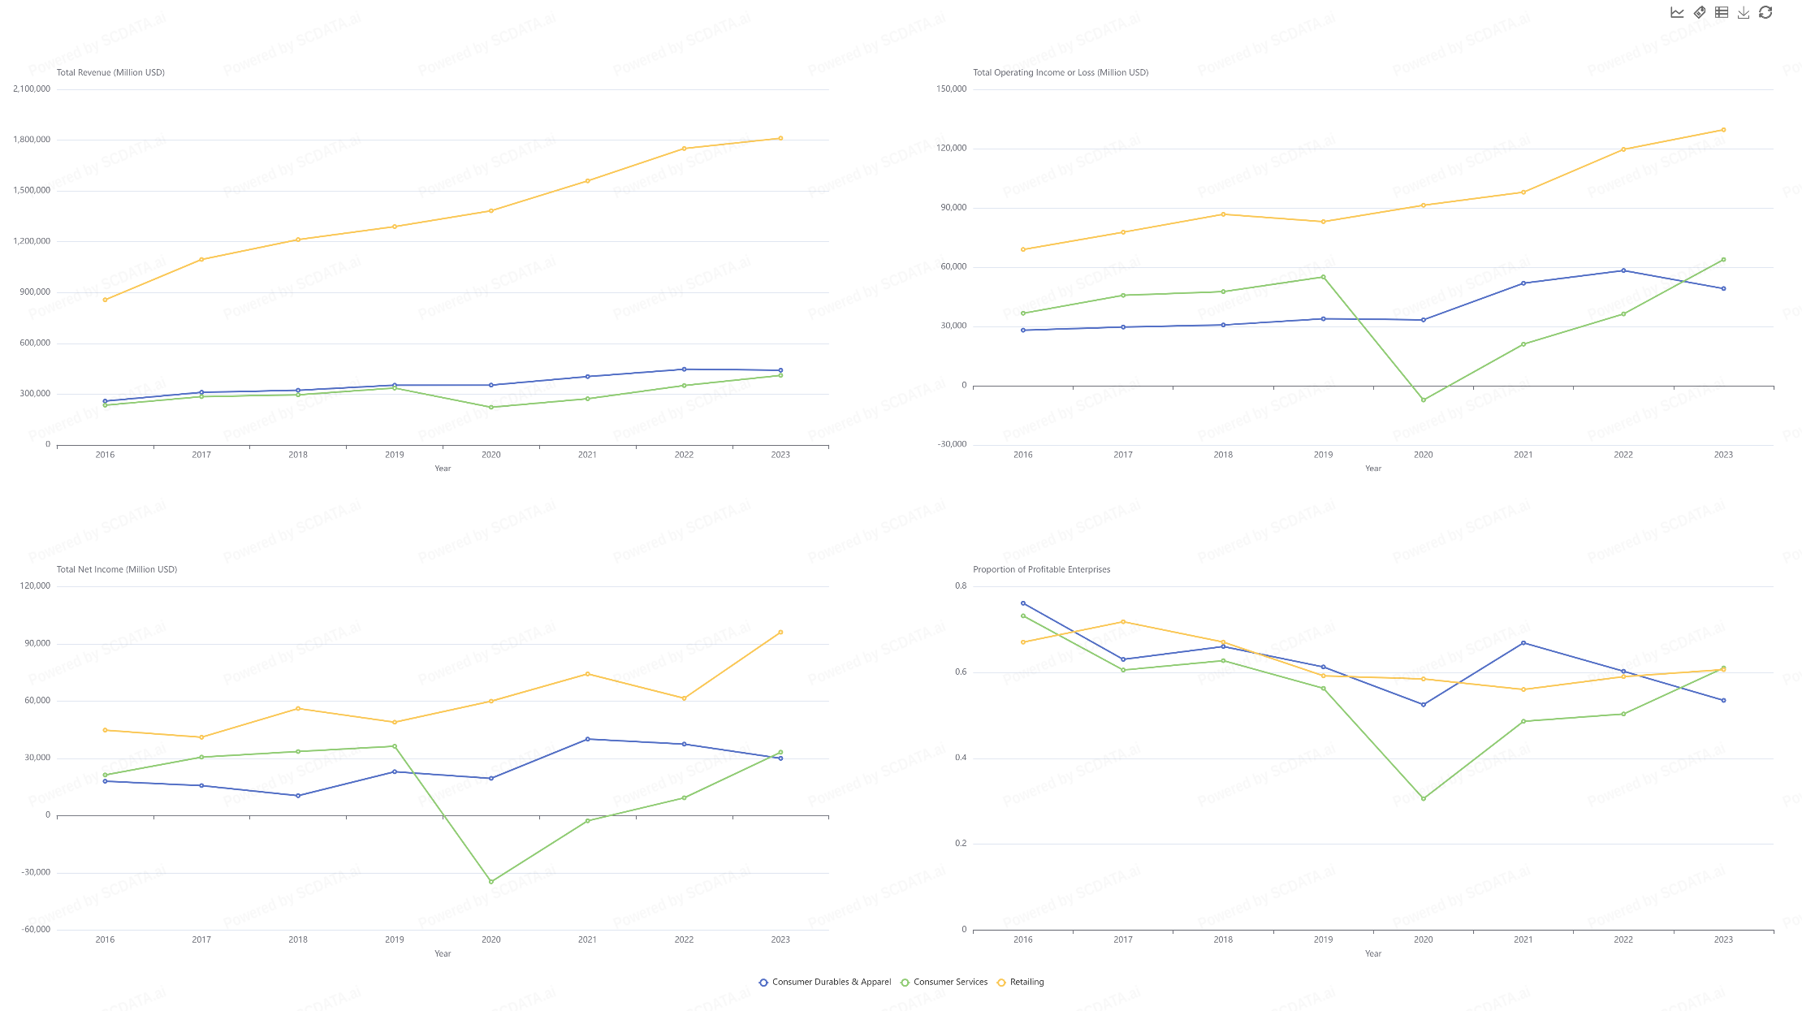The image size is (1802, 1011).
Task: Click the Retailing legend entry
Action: point(1026,982)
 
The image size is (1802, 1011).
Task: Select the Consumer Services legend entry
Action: point(949,982)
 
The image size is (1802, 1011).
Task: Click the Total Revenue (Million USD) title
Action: point(110,72)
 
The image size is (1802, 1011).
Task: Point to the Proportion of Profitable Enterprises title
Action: point(1041,569)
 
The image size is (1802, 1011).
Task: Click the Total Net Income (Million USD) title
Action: point(117,569)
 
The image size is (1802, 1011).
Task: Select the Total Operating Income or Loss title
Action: point(1061,72)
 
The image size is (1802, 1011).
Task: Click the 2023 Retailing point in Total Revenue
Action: point(780,138)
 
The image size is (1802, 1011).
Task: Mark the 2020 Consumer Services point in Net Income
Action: point(490,881)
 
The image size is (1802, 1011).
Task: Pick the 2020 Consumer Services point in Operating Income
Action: point(1423,400)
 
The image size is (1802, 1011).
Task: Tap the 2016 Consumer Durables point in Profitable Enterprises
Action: point(1022,603)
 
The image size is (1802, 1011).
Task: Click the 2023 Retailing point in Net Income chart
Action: point(780,632)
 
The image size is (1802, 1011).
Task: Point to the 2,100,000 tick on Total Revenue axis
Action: point(32,89)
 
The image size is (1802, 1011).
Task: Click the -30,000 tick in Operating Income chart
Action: point(952,444)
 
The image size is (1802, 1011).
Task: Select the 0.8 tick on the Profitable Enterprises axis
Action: point(961,585)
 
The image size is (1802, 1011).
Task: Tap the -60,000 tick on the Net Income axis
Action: point(36,929)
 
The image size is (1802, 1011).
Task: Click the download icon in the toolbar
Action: point(1743,12)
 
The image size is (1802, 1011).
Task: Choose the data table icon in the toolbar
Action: point(1721,12)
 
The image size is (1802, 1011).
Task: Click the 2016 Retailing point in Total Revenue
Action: point(105,300)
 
